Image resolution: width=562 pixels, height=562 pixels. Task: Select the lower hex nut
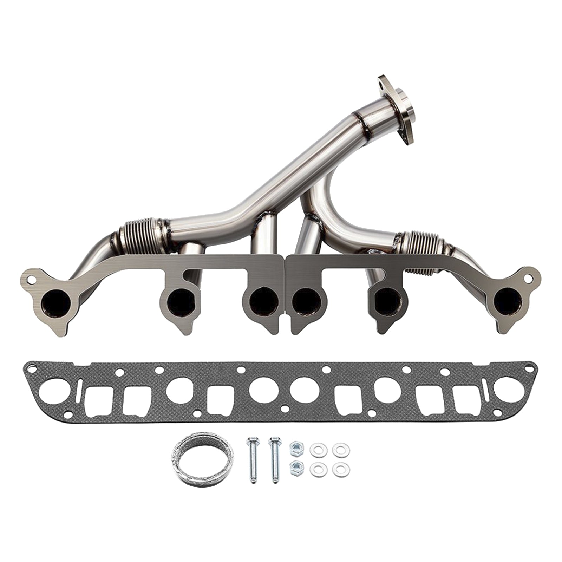click(294, 467)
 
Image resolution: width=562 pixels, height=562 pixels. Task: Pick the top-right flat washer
click(339, 449)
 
